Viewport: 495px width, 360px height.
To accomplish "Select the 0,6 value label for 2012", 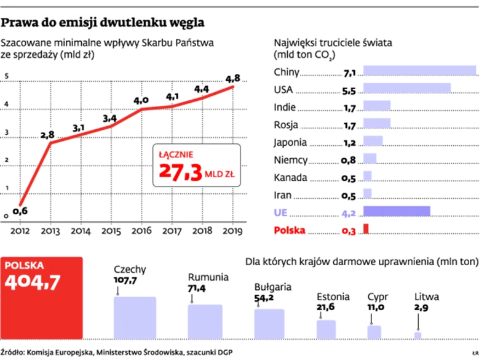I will coord(20,211).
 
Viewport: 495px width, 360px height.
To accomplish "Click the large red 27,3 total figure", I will coord(181,173).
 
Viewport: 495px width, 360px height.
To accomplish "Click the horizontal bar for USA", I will coord(407,89).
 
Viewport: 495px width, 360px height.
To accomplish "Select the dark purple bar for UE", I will coord(397,212).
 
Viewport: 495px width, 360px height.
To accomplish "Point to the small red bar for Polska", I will coord(366,229).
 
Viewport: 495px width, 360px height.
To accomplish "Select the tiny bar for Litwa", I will coord(418,335).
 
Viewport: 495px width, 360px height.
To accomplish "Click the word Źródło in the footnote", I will coord(17,352).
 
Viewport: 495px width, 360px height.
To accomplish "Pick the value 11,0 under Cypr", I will coord(376,307).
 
